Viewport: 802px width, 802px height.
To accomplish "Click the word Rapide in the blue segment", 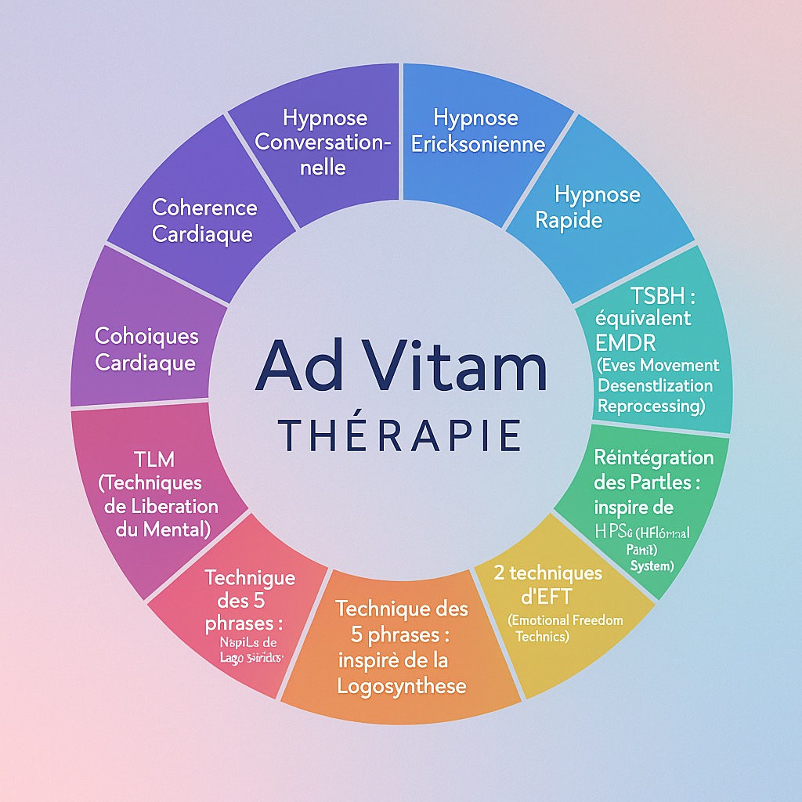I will click(x=569, y=219).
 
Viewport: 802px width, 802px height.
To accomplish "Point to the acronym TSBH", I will click(x=656, y=297).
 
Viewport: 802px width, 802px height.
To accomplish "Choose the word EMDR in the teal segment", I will click(x=627, y=341).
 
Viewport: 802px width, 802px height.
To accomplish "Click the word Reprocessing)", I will click(x=651, y=406).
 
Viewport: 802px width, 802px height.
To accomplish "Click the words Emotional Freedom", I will click(x=565, y=620).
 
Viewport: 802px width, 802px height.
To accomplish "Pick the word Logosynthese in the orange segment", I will click(x=402, y=686).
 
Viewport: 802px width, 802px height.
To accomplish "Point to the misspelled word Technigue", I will click(x=250, y=578).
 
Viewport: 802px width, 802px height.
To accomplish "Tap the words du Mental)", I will click(x=163, y=529).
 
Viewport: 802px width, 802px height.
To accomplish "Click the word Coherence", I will click(x=204, y=208).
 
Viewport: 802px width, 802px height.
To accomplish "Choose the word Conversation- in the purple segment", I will click(x=323, y=143).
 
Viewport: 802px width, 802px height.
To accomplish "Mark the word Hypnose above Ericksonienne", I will click(x=475, y=118).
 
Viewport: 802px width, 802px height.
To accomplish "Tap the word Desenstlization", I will click(x=655, y=385).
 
